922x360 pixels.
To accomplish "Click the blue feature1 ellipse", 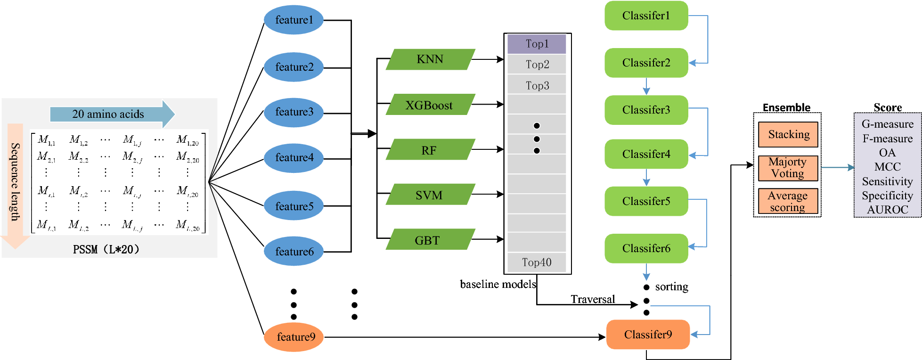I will (x=294, y=20).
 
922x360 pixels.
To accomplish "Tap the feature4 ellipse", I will (x=294, y=158).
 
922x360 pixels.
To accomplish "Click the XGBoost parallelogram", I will (x=430, y=105).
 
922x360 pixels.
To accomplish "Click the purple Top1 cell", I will (x=537, y=44).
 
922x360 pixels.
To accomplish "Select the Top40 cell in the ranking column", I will (x=537, y=262).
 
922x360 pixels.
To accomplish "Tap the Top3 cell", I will (x=537, y=85).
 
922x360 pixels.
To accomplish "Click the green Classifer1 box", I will (x=646, y=16).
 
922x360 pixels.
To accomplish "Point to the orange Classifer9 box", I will (x=648, y=335).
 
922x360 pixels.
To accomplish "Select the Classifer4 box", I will (x=646, y=154).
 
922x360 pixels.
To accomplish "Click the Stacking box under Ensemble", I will (x=788, y=134).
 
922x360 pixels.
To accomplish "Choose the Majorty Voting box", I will (x=788, y=168).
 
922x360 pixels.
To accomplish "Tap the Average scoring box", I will (x=788, y=201).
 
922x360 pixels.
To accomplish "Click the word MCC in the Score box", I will (x=887, y=167).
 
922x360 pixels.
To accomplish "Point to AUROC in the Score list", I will (x=887, y=210).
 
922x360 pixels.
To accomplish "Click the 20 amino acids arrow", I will (x=111, y=114).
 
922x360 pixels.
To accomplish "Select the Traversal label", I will (x=593, y=299).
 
